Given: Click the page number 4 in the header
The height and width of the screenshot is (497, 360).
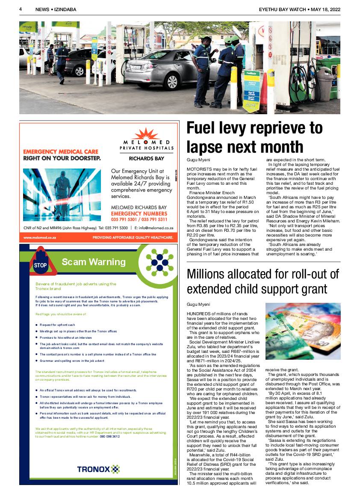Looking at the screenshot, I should point(21,9).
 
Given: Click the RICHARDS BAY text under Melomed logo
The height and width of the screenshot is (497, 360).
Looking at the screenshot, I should point(146,158).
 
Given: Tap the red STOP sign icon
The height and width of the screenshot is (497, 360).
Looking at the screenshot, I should point(40,265).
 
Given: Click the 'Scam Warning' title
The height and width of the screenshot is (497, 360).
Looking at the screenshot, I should point(93,262).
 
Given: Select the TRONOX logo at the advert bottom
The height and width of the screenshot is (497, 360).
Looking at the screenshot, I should point(98,469).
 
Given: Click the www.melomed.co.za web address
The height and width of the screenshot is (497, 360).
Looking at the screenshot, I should point(40,237).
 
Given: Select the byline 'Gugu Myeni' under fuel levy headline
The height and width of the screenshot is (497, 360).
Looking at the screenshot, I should point(198,159).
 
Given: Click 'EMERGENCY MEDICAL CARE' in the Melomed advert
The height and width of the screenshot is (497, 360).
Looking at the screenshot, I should point(60,151).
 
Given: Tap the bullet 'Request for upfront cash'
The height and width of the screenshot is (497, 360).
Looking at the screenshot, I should point(57,325).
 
